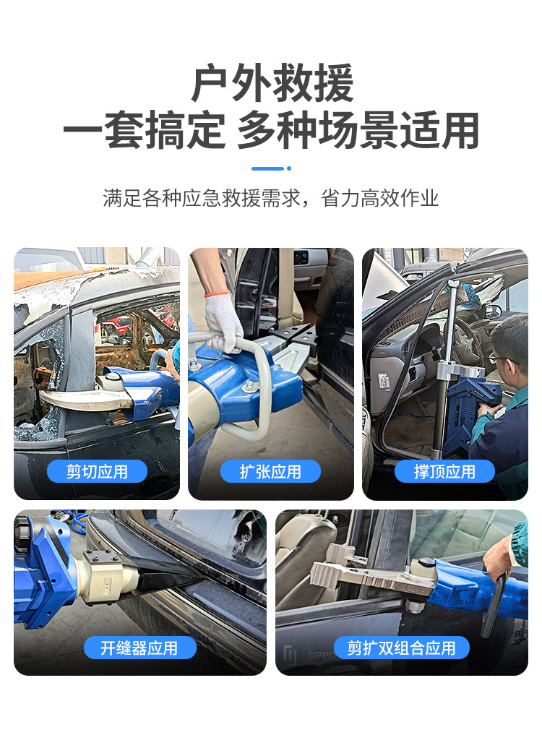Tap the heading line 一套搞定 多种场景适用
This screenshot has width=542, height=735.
coord(271,131)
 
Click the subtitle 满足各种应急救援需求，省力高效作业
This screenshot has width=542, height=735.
coord(271,199)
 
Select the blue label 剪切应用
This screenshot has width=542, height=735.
coord(97,472)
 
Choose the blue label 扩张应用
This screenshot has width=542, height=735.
coord(270,472)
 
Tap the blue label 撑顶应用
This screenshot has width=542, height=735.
coord(444,472)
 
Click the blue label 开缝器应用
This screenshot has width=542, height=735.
coord(139,648)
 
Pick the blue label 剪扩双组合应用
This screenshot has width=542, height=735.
coord(401,648)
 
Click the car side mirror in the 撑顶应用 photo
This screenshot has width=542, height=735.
coord(494,311)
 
